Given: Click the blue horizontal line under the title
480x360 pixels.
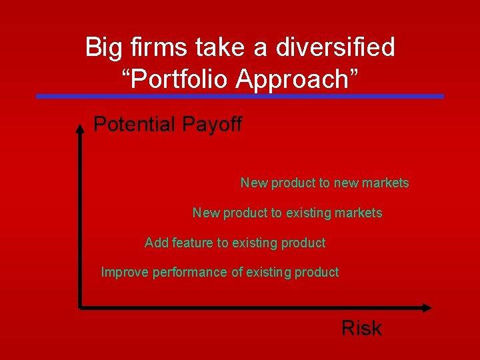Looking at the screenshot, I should tap(240, 96).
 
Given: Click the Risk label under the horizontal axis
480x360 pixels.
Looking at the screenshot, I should tap(361, 328).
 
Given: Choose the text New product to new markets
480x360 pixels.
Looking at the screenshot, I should tap(325, 183).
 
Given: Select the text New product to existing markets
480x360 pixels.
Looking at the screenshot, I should tap(287, 213).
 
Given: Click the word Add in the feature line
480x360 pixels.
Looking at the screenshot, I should tap(157, 243).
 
